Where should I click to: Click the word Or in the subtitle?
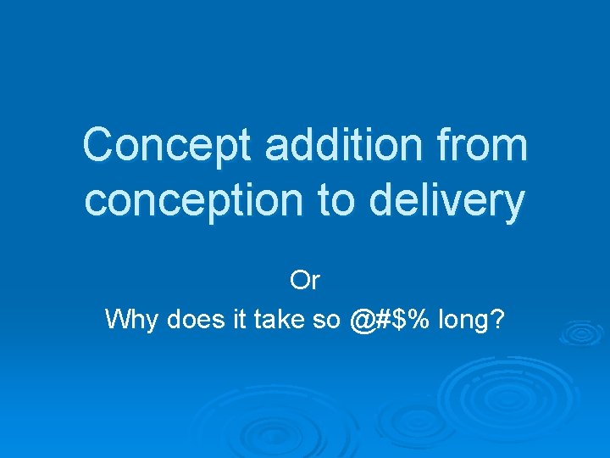click(304, 279)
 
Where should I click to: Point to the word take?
click(280, 320)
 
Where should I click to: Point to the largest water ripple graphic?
click(508, 399)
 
